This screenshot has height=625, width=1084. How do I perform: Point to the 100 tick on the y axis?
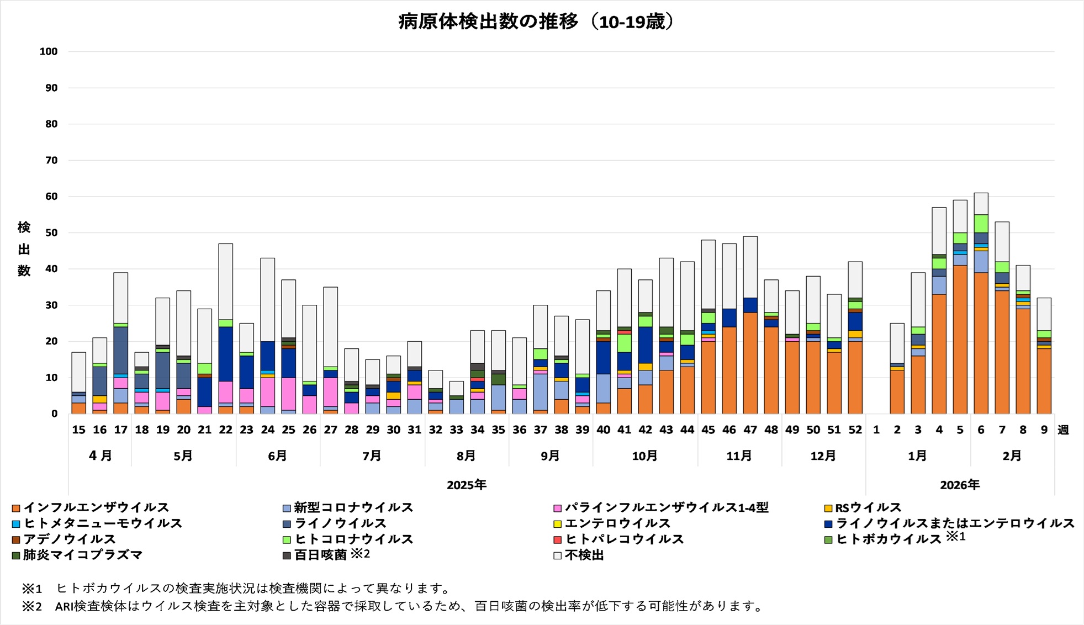click(49, 52)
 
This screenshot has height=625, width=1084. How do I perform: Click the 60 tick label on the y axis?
click(51, 197)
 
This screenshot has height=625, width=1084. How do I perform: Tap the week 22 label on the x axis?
click(225, 430)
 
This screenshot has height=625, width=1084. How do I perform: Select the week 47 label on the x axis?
click(750, 430)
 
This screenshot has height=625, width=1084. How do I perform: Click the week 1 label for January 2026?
click(876, 430)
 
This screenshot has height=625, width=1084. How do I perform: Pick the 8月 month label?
click(467, 456)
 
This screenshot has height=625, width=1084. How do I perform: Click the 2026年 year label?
click(960, 485)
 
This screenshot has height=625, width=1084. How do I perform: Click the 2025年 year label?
click(467, 485)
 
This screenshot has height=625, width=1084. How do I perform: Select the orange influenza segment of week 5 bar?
click(960, 340)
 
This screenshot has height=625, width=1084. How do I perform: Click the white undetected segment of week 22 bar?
click(225, 282)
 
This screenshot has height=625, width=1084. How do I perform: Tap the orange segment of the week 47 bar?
click(750, 363)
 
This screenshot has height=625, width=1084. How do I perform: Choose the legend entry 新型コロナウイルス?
click(353, 507)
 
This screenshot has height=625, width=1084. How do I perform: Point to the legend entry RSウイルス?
click(868, 507)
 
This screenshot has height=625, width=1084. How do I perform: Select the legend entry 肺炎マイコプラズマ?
click(82, 555)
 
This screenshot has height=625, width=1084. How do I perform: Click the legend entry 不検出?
click(584, 555)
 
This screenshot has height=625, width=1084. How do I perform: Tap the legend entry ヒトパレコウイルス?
click(624, 539)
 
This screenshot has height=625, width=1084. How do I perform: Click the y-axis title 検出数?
click(24, 249)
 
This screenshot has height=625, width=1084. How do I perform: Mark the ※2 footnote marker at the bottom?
click(31, 606)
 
